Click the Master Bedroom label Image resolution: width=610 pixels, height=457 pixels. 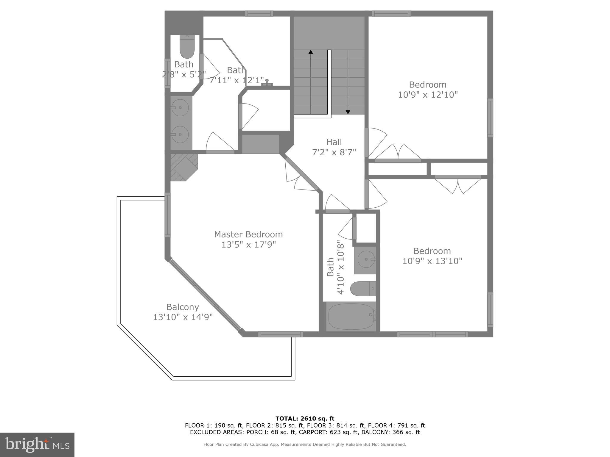coord(248,234)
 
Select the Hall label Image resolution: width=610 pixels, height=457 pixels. coord(334,142)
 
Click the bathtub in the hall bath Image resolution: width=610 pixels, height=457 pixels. coord(351,317)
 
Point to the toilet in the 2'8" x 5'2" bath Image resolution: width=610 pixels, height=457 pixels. coord(187,48)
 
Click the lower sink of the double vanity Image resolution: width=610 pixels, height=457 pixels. coord(180,134)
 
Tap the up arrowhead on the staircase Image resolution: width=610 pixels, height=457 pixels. coord(311,52)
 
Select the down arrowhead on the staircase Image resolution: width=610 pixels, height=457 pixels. coord(348,112)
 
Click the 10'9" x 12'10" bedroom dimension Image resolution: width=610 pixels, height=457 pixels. coord(428,95)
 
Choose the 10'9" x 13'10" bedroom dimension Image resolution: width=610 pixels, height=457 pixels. coord(432,261)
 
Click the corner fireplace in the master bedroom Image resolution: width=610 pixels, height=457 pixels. coord(183,167)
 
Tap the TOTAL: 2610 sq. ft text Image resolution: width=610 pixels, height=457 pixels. coord(305,419)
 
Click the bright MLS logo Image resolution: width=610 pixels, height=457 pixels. coord(37,445)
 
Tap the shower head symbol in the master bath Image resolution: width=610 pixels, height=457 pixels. coord(267,82)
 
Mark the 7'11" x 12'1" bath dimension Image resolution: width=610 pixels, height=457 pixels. coord(237,80)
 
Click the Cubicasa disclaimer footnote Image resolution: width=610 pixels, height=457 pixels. coord(305,445)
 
